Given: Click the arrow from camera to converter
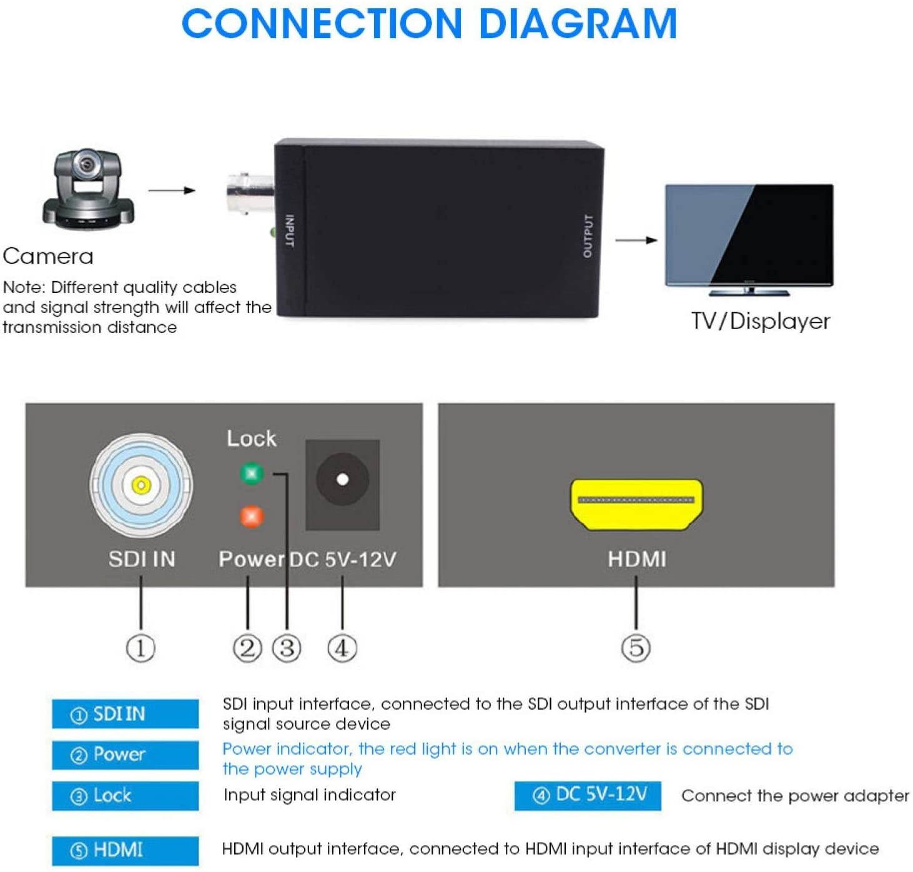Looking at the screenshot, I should (172, 190).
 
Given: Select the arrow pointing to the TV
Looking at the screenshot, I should (636, 240).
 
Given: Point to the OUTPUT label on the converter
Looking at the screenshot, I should (587, 235).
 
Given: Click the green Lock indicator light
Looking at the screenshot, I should (252, 473).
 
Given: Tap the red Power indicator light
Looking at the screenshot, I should (252, 517).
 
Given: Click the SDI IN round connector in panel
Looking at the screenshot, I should (141, 485).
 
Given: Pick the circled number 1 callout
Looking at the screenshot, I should (141, 648).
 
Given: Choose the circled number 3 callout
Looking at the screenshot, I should (287, 648).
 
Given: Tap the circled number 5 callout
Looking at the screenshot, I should (636, 648).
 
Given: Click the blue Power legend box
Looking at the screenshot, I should (126, 755).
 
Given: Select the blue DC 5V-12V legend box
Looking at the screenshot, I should (587, 795).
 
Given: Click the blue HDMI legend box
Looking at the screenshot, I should (126, 850).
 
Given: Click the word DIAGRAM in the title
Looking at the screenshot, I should (577, 24).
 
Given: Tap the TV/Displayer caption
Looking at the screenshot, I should (760, 321).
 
